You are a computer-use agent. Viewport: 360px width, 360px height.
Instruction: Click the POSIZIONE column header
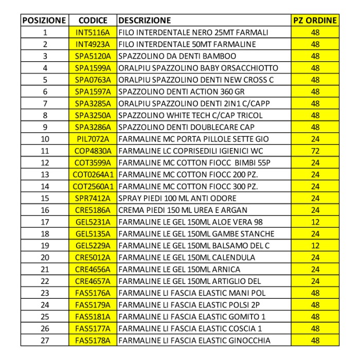point(44,21)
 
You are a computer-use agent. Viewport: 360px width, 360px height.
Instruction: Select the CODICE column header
point(93,21)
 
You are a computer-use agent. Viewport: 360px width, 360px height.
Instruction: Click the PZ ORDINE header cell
point(315,21)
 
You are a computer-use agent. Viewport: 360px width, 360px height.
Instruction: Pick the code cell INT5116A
point(93,32)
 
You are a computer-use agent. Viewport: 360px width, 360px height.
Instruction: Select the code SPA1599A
point(93,68)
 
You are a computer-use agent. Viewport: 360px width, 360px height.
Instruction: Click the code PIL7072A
point(93,139)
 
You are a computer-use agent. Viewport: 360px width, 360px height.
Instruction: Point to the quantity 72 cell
point(315,151)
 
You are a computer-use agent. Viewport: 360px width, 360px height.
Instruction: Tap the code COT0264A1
point(93,174)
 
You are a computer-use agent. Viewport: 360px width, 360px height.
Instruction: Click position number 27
point(44,340)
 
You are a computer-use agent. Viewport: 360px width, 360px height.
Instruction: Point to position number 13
point(44,174)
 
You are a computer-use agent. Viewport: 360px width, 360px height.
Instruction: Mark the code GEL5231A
point(93,222)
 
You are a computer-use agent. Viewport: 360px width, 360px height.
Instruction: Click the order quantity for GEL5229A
point(315,245)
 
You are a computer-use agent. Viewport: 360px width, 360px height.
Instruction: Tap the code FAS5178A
point(93,340)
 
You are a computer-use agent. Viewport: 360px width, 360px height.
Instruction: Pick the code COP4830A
point(93,151)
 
